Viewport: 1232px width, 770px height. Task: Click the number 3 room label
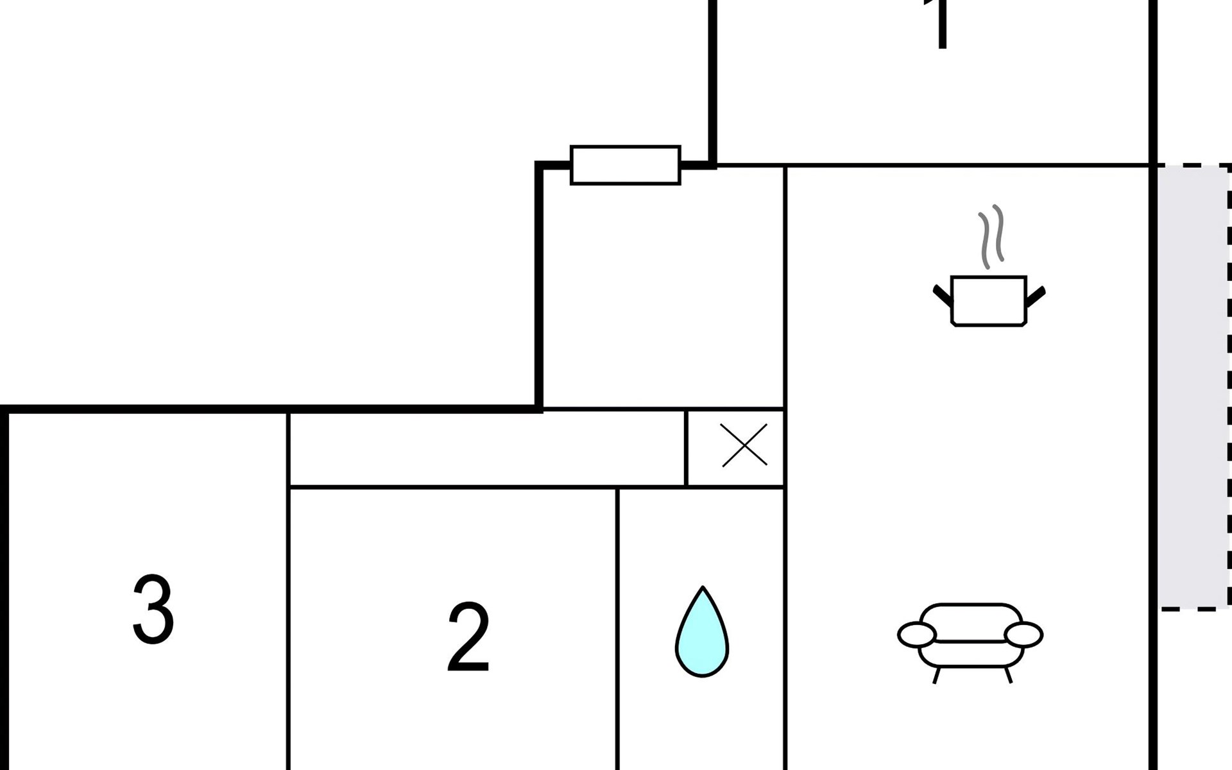point(153,609)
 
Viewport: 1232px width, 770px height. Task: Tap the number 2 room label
point(468,637)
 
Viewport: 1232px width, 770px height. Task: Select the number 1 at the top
point(941,24)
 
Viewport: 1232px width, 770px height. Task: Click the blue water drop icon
point(702,635)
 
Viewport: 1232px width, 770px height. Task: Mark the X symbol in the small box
point(744,445)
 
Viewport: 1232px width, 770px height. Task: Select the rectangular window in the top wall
point(625,165)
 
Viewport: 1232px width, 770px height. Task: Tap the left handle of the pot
point(943,295)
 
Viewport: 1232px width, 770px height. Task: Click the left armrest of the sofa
point(917,635)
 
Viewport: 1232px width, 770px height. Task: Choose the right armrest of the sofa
point(1023,635)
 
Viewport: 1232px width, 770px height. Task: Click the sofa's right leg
point(1007,675)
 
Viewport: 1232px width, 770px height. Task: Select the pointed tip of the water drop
point(703,590)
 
